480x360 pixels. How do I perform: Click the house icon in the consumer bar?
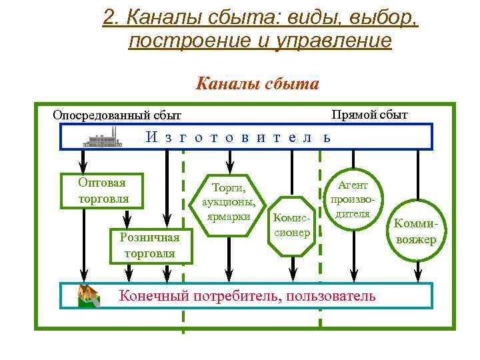[88, 295]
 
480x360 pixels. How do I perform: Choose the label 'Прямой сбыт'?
[369, 114]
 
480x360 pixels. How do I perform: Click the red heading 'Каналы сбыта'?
[257, 85]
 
